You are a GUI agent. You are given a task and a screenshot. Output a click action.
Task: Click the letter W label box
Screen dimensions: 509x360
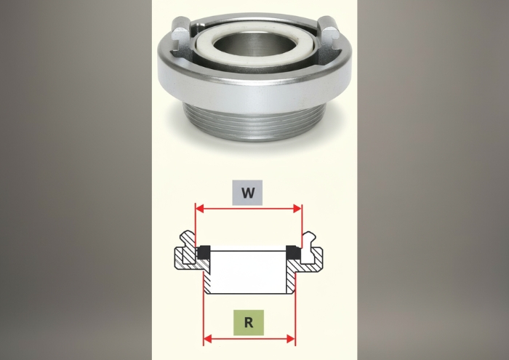[x=247, y=193]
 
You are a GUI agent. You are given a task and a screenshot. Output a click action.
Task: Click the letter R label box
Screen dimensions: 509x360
[x=249, y=323]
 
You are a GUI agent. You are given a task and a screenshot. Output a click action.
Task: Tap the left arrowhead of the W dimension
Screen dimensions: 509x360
[x=199, y=209]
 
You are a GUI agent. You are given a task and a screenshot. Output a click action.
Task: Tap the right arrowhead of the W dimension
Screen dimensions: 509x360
[x=297, y=209]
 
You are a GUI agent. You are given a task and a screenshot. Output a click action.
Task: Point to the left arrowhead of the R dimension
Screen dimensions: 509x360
[x=208, y=340]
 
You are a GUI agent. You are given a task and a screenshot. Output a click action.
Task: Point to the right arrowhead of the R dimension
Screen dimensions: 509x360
[x=291, y=340]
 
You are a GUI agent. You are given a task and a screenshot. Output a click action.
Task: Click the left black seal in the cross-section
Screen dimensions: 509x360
[x=204, y=252]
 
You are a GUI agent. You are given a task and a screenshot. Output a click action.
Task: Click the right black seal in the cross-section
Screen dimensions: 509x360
[x=292, y=252]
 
